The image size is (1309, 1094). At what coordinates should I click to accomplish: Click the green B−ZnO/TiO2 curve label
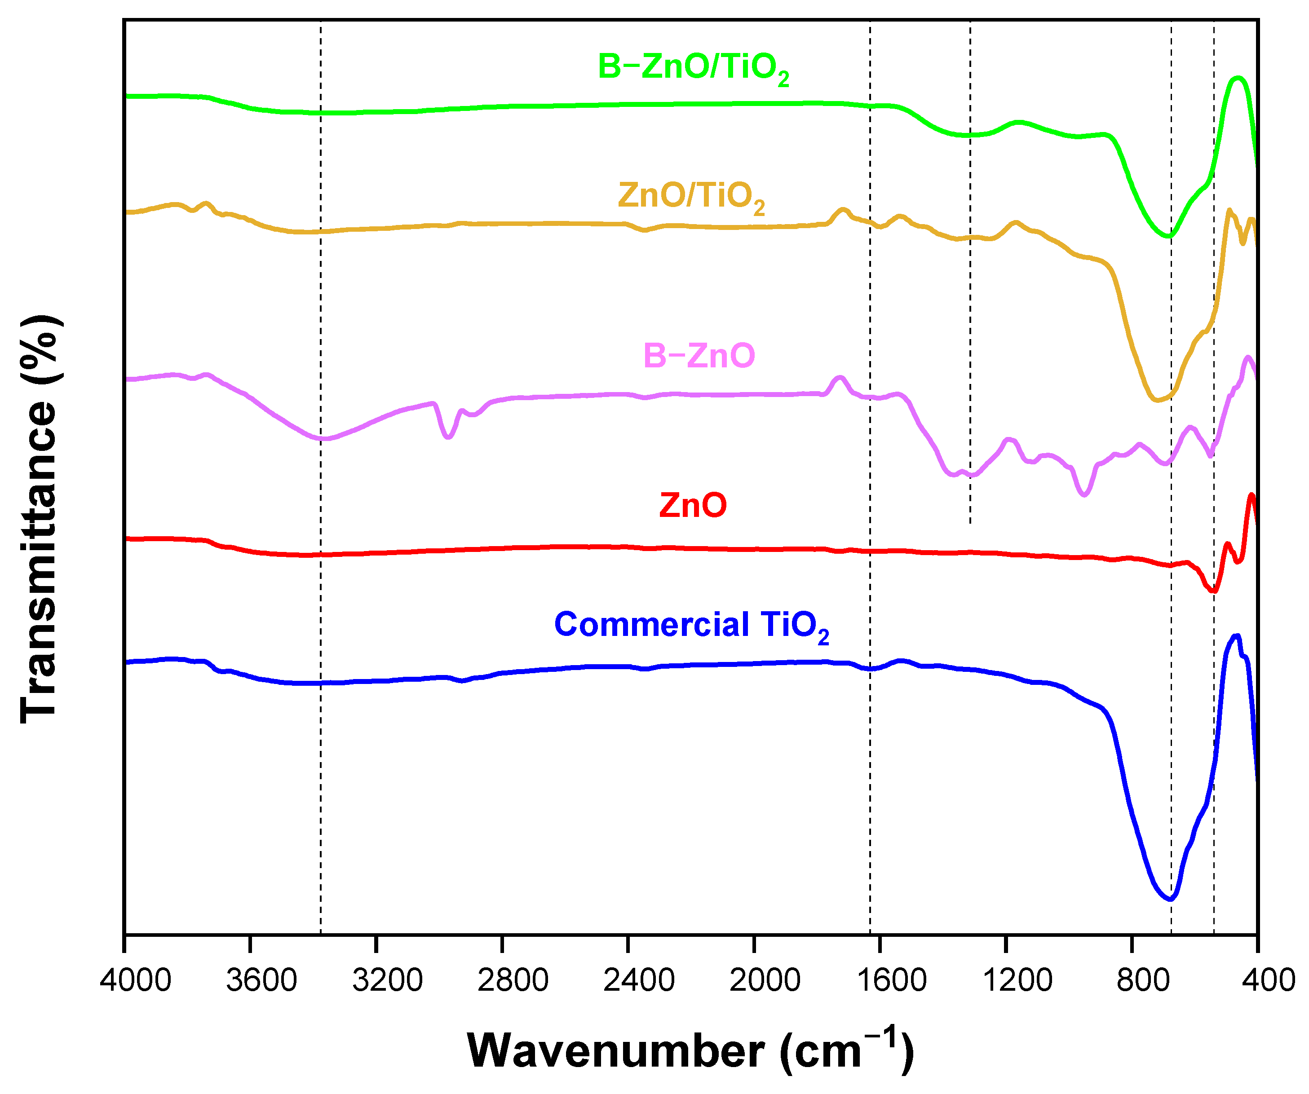coord(693,67)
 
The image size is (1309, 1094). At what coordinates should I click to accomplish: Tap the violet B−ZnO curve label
coord(699,356)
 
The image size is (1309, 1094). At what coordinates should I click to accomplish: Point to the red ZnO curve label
coord(693,505)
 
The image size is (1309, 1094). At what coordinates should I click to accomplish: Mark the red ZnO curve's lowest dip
coord(1213,591)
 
